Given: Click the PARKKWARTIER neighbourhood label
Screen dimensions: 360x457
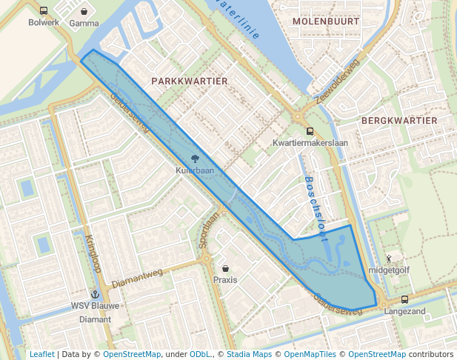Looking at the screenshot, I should click(x=189, y=80).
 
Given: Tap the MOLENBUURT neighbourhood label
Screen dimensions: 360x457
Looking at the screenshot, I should click(x=326, y=21).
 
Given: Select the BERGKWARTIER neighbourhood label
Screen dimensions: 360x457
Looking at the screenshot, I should click(x=399, y=120).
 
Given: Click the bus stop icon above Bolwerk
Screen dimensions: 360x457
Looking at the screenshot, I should click(x=44, y=11).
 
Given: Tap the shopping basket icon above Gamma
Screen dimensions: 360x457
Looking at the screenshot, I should click(x=84, y=12).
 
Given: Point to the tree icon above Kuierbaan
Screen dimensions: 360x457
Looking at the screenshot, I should click(x=195, y=159).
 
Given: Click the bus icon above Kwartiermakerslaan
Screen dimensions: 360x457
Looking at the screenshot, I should click(x=310, y=131).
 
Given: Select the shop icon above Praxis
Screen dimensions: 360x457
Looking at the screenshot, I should click(x=225, y=268).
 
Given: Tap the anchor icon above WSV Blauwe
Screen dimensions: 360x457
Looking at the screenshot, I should click(x=95, y=294).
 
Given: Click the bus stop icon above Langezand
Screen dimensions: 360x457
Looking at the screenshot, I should click(x=404, y=300).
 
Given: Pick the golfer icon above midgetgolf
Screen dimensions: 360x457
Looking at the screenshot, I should click(x=388, y=259).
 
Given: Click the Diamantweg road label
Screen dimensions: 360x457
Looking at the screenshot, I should click(x=137, y=279).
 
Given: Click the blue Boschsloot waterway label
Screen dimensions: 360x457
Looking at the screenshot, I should click(x=316, y=208).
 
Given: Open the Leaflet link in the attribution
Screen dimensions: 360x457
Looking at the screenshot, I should click(x=41, y=354).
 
